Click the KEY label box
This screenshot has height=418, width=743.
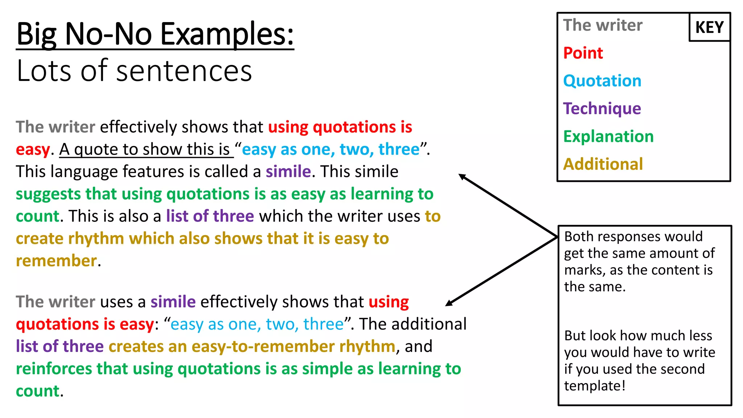pyautogui.click(x=709, y=27)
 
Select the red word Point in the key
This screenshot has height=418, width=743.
pyautogui.click(x=583, y=53)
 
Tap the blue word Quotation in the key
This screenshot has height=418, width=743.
pyautogui.click(x=602, y=81)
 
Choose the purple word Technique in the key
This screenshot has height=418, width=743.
pyautogui.click(x=602, y=108)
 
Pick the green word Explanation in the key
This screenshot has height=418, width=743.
pyautogui.click(x=608, y=136)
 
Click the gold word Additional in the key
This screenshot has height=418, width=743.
pyautogui.click(x=603, y=164)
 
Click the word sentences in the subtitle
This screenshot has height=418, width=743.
pyautogui.click(x=184, y=71)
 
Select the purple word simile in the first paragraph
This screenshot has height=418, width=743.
pyautogui.click(x=288, y=172)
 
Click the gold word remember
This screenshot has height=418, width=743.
pyautogui.click(x=56, y=261)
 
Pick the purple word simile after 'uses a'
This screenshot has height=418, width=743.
pyautogui.click(x=173, y=302)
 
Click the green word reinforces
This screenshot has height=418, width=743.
pyautogui.click(x=54, y=369)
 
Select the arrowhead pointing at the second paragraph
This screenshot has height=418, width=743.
pyautogui.click(x=449, y=303)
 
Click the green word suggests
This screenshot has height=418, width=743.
pyautogui.click(x=48, y=194)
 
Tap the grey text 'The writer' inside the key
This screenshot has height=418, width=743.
pyautogui.click(x=602, y=25)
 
